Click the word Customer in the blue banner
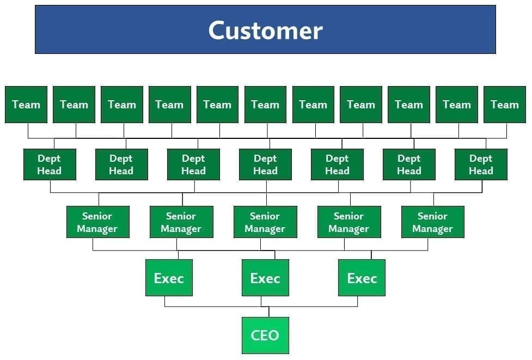(265, 30)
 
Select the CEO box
(265, 335)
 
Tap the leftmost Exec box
(169, 278)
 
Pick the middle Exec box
(265, 278)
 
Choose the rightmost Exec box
(362, 278)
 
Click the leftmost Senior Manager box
(97, 222)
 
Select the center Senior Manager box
(265, 222)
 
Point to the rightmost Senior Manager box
(432, 222)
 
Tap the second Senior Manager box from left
(181, 222)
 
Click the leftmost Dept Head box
(50, 164)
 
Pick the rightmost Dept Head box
(481, 164)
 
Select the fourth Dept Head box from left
(265, 164)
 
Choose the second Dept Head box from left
(121, 164)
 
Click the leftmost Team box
(26, 105)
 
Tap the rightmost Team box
(505, 105)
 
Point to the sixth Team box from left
(265, 105)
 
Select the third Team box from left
(122, 105)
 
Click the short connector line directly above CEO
(268, 312)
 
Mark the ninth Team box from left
(409, 105)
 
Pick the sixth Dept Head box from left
(409, 164)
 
